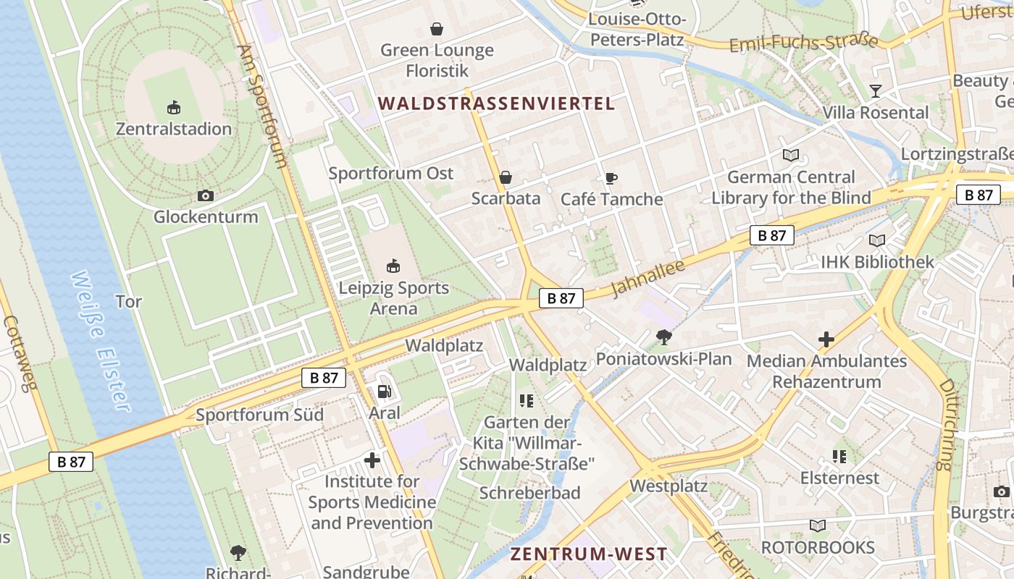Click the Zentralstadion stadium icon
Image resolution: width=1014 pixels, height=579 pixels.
[174, 108]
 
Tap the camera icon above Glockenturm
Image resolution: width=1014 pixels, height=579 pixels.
[206, 195]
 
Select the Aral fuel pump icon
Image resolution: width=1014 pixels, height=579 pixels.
[384, 392]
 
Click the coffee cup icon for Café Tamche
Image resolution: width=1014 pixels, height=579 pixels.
[611, 178]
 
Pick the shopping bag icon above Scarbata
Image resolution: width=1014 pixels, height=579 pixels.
[506, 177]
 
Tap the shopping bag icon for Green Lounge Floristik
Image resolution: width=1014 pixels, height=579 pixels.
[437, 29]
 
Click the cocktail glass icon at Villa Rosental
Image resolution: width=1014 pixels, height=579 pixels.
[876, 91]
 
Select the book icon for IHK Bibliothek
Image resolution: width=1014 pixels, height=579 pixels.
[877, 240]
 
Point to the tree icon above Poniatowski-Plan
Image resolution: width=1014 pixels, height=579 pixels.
[663, 337]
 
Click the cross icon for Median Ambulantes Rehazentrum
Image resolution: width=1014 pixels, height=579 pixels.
[826, 339]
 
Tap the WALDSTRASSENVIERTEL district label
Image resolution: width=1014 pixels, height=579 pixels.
[496, 103]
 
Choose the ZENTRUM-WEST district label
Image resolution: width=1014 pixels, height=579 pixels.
[589, 554]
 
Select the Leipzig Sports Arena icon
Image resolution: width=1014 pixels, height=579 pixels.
[393, 266]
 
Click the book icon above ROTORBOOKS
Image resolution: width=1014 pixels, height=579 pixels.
[818, 526]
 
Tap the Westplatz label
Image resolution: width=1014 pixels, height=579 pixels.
[669, 486]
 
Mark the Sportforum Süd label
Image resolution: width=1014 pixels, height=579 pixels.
[259, 415]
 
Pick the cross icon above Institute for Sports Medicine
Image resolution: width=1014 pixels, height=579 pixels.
[372, 460]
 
